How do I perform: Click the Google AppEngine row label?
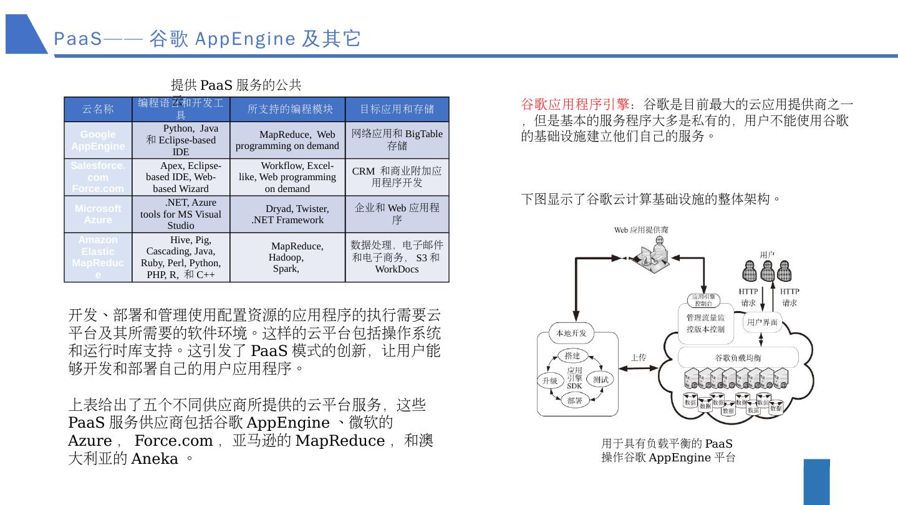pyautogui.click(x=98, y=140)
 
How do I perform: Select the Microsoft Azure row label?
pyautogui.click(x=98, y=214)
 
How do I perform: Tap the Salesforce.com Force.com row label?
pyautogui.click(x=98, y=177)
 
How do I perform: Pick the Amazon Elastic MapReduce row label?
pyautogui.click(x=98, y=257)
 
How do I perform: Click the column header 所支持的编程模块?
pyautogui.click(x=287, y=109)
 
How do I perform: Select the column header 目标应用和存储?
pyautogui.click(x=397, y=109)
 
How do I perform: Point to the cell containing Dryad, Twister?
pyautogui.click(x=287, y=214)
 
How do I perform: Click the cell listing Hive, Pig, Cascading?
pyautogui.click(x=181, y=257)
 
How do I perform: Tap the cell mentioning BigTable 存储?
pyautogui.click(x=397, y=140)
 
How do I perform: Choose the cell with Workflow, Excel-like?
pyautogui.click(x=287, y=177)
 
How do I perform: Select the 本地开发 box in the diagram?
pyautogui.click(x=571, y=333)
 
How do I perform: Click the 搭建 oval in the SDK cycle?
pyautogui.click(x=572, y=356)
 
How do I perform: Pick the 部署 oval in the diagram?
pyautogui.click(x=574, y=401)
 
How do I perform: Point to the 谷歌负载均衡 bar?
pyautogui.click(x=737, y=358)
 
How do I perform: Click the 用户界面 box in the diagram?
pyautogui.click(x=762, y=322)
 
